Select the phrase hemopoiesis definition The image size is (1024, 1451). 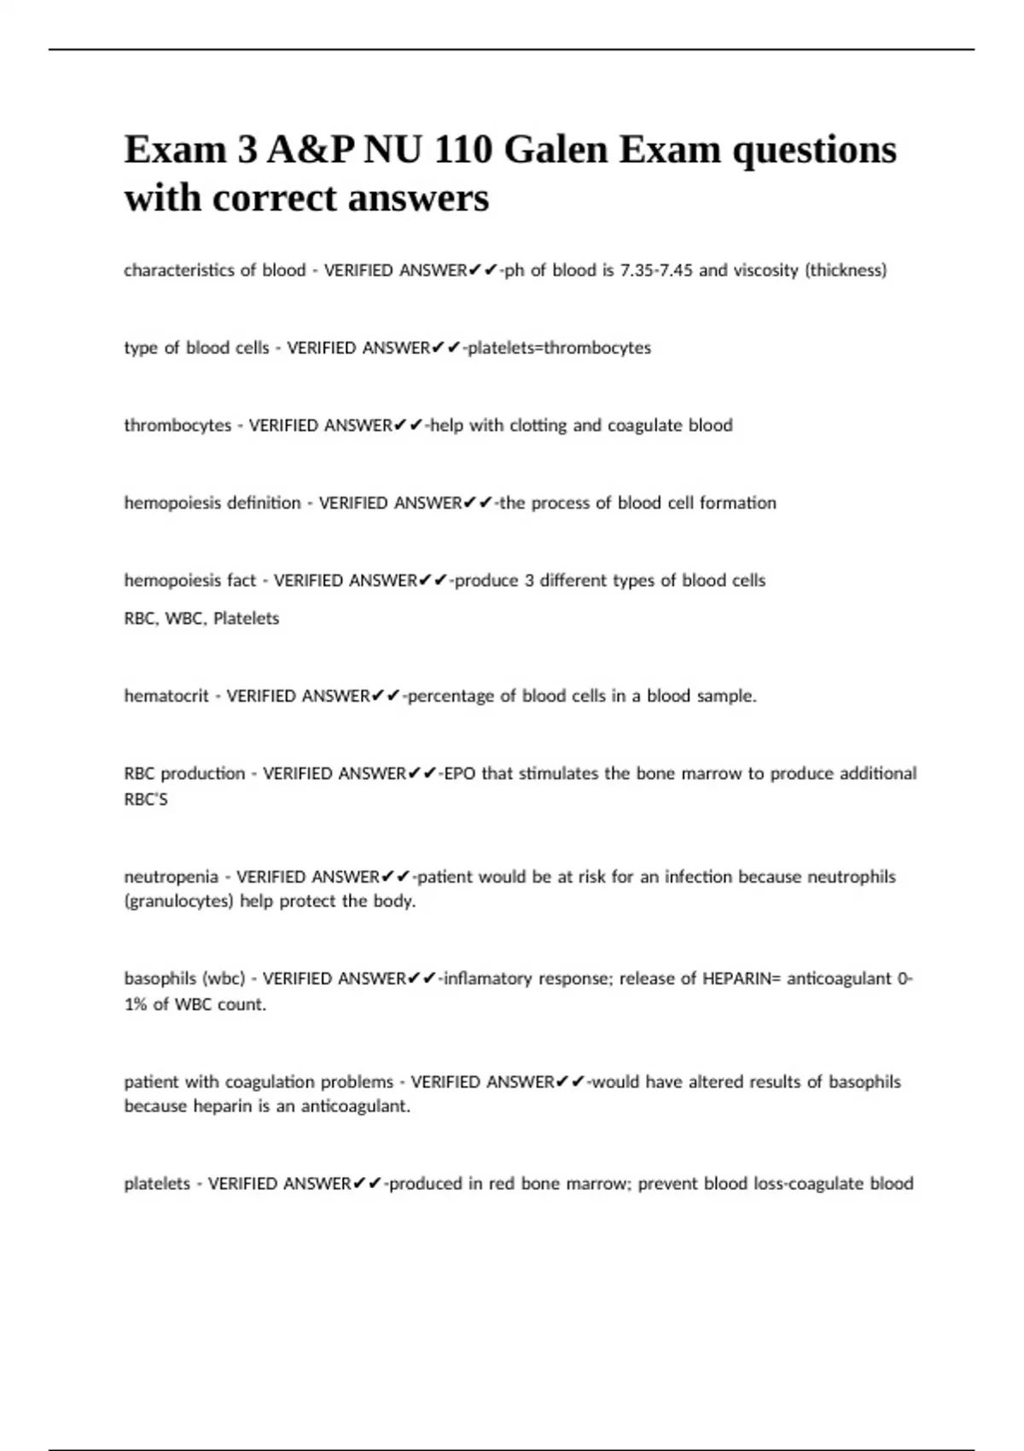point(212,503)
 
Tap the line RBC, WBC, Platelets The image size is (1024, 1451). point(201,618)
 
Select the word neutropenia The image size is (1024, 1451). point(172,877)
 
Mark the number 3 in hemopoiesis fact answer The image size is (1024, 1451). point(529,580)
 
